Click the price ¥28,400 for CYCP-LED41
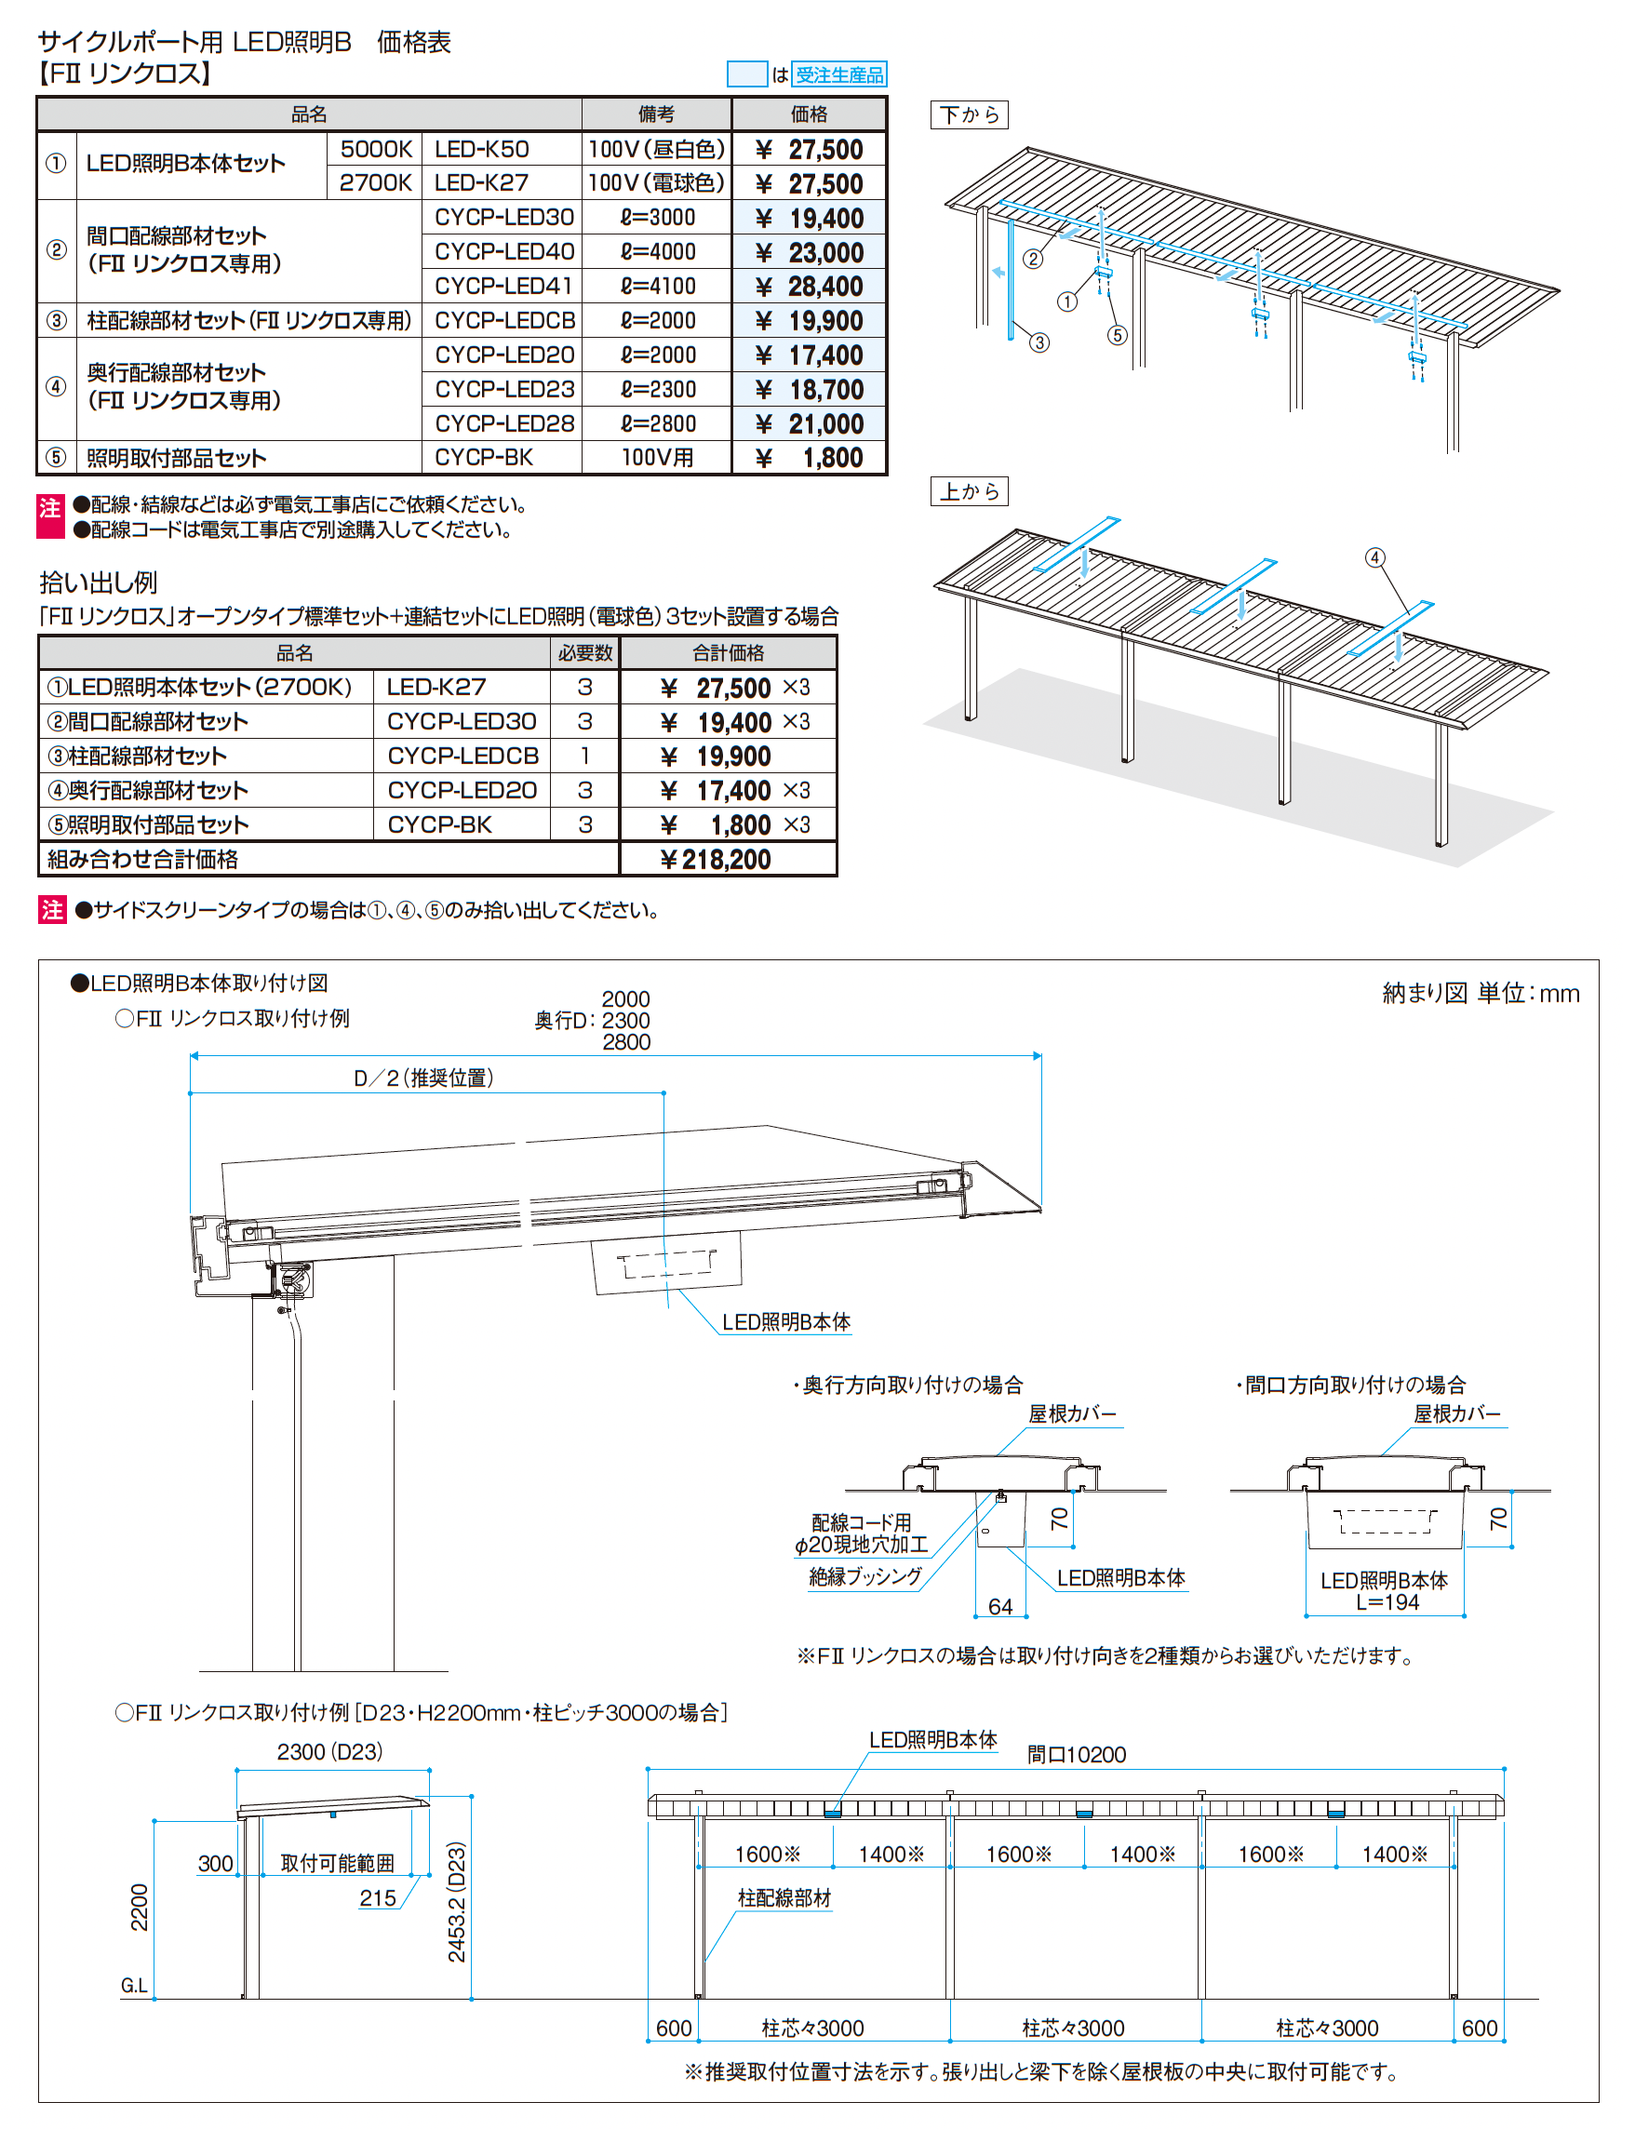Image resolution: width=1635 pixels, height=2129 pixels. pos(810,287)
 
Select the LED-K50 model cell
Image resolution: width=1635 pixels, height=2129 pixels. pos(482,149)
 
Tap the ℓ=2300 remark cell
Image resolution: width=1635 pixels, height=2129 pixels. pos(658,389)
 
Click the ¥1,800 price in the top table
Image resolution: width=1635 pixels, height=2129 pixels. pos(810,457)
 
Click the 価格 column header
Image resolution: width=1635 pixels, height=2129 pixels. pos(809,114)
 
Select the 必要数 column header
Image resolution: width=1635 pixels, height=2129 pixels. pos(585,653)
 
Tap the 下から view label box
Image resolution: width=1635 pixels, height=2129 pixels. pos(970,114)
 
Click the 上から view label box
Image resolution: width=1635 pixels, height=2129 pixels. pos(970,491)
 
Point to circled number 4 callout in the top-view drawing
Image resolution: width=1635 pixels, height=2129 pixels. pos(1374,557)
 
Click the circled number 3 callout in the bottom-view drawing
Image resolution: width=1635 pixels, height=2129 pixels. pos(1039,342)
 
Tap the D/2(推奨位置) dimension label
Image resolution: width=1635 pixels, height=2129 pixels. pos(424,1078)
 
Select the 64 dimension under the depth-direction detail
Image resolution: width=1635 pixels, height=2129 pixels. pos(1000,1605)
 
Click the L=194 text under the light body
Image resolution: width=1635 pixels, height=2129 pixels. pos(1387,1601)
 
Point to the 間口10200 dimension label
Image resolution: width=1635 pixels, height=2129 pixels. pos(1077,1754)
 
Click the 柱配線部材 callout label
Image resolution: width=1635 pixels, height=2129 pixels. pos(784,1897)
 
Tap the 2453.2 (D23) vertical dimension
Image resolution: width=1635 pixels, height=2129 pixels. pos(456,1901)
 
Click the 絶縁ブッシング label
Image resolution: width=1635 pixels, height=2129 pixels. pos(865,1575)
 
